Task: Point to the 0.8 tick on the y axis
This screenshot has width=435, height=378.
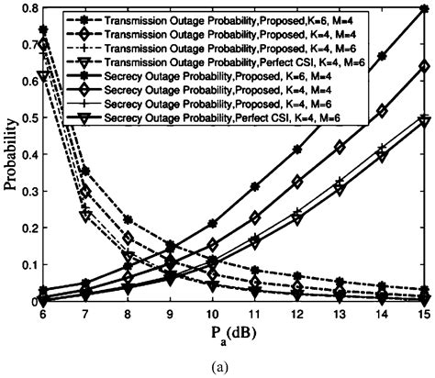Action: tap(26, 8)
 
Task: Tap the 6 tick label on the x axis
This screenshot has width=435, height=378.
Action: tap(42, 314)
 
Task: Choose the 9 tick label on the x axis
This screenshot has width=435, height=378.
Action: tap(170, 314)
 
